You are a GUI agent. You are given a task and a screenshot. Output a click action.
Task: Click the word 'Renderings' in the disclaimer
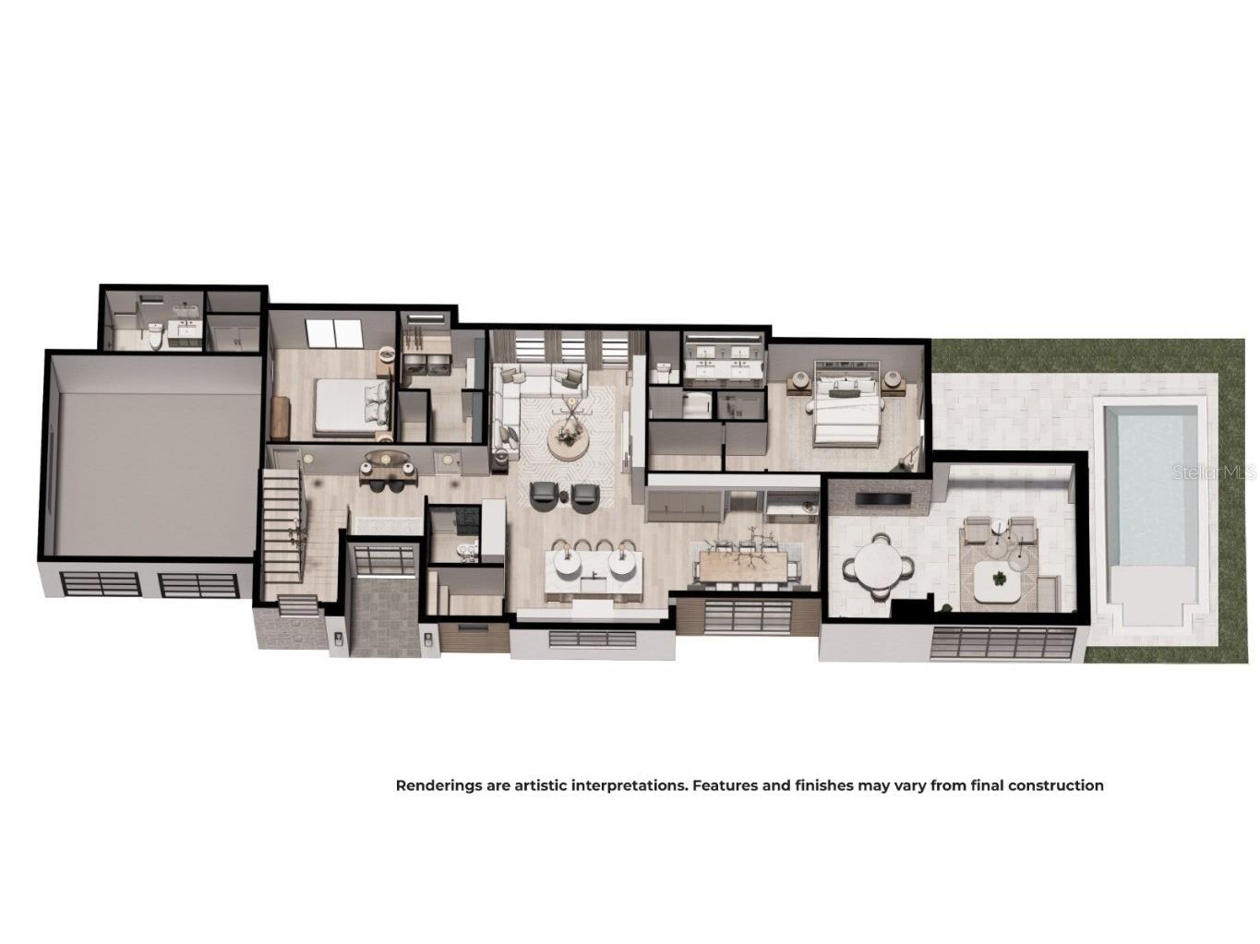click(433, 786)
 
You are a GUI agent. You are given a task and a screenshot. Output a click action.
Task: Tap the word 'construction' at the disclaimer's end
click(1055, 786)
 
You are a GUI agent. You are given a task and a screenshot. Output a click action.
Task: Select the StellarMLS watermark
click(1213, 472)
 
